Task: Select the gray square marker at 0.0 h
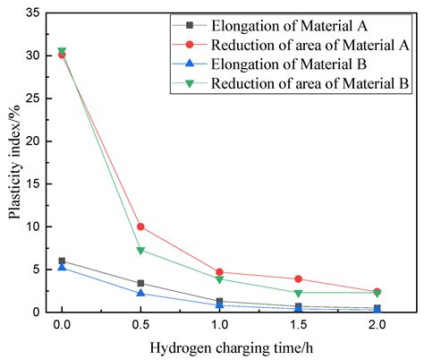click(62, 261)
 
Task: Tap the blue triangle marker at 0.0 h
click(62, 267)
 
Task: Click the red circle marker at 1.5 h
click(298, 279)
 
